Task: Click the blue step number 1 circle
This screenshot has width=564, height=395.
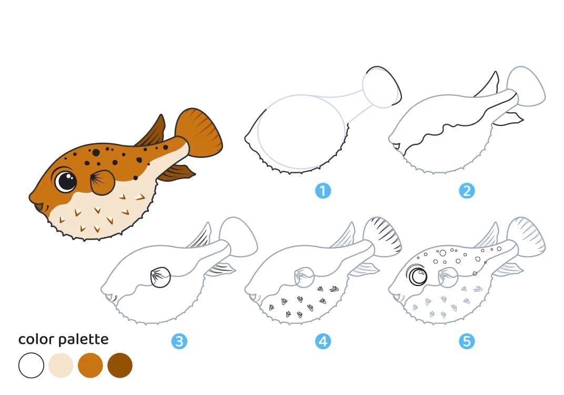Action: pos(323,191)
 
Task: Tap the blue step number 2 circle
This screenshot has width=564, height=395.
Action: pos(467,191)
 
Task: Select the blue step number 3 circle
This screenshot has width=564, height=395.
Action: pos(179,341)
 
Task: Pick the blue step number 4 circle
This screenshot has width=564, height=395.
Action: pos(323,341)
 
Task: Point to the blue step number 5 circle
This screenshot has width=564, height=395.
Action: pos(467,341)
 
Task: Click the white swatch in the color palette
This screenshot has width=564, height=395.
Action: pos(31,366)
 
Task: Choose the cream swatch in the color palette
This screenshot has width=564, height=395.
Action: pos(61,366)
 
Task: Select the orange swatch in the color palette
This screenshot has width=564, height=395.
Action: pos(90,366)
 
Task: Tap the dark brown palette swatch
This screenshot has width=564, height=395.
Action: pos(120,366)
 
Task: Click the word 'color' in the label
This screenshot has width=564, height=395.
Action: pos(36,339)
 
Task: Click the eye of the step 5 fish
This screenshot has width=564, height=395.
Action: pos(417,275)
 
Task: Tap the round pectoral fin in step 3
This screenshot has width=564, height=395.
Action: pos(160,277)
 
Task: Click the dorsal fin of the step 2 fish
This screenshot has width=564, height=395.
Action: pos(488,85)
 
